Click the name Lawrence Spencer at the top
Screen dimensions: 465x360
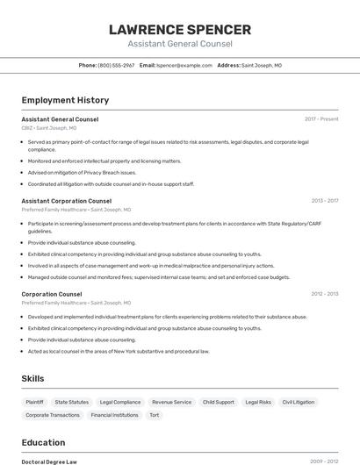pyautogui.click(x=180, y=30)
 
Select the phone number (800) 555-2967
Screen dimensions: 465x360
pyautogui.click(x=116, y=65)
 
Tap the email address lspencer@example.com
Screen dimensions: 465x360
pyautogui.click(x=184, y=65)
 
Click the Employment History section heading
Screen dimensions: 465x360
pyautogui.click(x=65, y=100)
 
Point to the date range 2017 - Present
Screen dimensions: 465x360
pyautogui.click(x=321, y=118)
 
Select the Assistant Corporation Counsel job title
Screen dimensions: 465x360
pyautogui.click(x=66, y=201)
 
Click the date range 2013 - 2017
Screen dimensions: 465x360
pyautogui.click(x=324, y=201)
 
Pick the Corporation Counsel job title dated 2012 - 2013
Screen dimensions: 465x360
pyautogui.click(x=52, y=294)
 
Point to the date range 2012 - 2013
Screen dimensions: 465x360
pyautogui.click(x=324, y=294)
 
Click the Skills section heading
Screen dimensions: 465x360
pyautogui.click(x=33, y=378)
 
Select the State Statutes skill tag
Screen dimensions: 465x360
pyautogui.click(x=72, y=402)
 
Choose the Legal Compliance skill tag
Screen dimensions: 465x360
pyautogui.click(x=120, y=402)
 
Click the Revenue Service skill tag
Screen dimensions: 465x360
pyautogui.click(x=171, y=402)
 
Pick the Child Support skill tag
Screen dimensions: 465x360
pyautogui.click(x=219, y=402)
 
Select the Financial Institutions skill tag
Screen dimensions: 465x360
pyautogui.click(x=114, y=415)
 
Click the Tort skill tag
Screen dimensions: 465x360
pyautogui.click(x=155, y=415)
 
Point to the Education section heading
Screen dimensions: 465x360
pyautogui.click(x=43, y=442)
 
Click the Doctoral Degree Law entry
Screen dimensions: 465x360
pyautogui.click(x=49, y=461)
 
